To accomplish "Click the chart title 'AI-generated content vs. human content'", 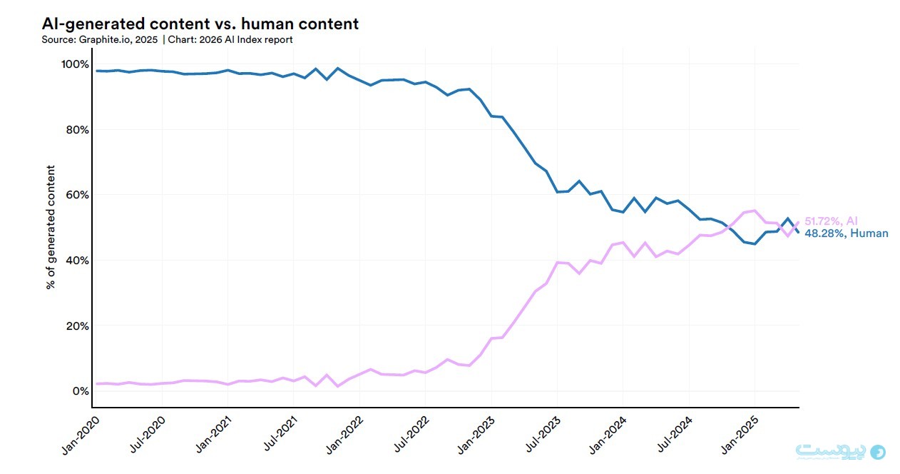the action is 200,24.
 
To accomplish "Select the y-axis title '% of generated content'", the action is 51,227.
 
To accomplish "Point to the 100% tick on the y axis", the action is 75,64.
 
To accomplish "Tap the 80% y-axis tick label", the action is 78,130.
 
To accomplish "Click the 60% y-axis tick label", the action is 78,195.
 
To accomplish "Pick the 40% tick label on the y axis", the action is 78,261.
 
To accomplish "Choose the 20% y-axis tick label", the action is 78,326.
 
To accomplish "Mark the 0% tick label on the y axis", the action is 81,391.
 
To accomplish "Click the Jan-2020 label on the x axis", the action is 81,435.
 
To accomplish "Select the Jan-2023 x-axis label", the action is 476,435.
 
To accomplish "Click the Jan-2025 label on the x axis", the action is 740,435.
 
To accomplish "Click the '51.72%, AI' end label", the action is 831,221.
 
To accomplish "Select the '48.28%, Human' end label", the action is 847,233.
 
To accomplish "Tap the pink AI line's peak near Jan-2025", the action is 755,211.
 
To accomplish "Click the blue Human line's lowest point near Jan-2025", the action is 755,243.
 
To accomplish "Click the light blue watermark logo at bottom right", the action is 841,452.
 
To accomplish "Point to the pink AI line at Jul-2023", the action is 557,263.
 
